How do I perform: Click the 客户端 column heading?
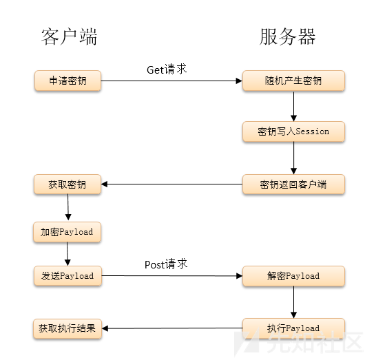click(x=69, y=36)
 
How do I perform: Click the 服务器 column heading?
click(x=288, y=36)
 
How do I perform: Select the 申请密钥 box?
click(x=67, y=81)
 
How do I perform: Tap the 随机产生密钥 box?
click(x=293, y=81)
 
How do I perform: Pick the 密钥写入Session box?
click(x=293, y=131)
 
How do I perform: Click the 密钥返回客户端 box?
click(x=293, y=184)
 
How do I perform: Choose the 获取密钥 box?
click(x=67, y=184)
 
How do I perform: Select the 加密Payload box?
click(x=67, y=232)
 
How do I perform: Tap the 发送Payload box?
click(x=67, y=276)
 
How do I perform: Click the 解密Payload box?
click(x=293, y=276)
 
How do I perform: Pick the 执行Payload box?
click(x=293, y=328)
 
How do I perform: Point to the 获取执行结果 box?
click(x=67, y=328)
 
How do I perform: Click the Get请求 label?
click(x=167, y=70)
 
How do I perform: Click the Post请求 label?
click(x=166, y=264)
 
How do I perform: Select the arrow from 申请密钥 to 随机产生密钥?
click(x=171, y=81)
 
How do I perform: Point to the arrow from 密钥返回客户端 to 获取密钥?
click(x=171, y=184)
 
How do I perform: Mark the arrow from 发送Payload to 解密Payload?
click(x=171, y=276)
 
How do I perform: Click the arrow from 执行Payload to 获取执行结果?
click(x=171, y=328)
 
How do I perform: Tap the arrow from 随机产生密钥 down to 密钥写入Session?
click(x=294, y=106)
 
